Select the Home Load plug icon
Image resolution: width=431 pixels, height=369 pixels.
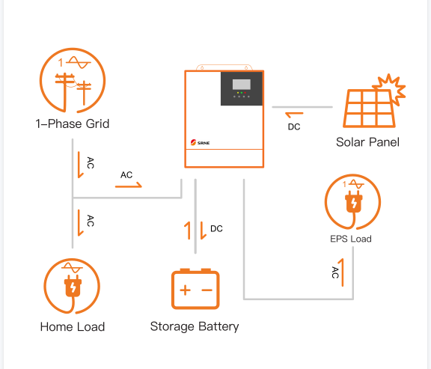(x=72, y=286)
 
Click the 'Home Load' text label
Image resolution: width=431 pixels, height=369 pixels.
(x=72, y=326)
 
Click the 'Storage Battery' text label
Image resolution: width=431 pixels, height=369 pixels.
(x=195, y=326)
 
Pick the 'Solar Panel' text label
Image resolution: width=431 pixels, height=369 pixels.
(x=367, y=142)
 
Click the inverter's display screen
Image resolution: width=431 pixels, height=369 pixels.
(x=241, y=85)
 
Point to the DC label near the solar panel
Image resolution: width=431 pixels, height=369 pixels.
(x=294, y=127)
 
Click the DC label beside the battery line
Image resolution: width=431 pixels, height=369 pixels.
(x=216, y=228)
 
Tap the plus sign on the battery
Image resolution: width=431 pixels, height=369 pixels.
(x=185, y=290)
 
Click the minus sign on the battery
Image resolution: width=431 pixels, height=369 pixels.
(x=206, y=290)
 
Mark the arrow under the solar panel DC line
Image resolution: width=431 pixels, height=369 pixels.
(x=293, y=115)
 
